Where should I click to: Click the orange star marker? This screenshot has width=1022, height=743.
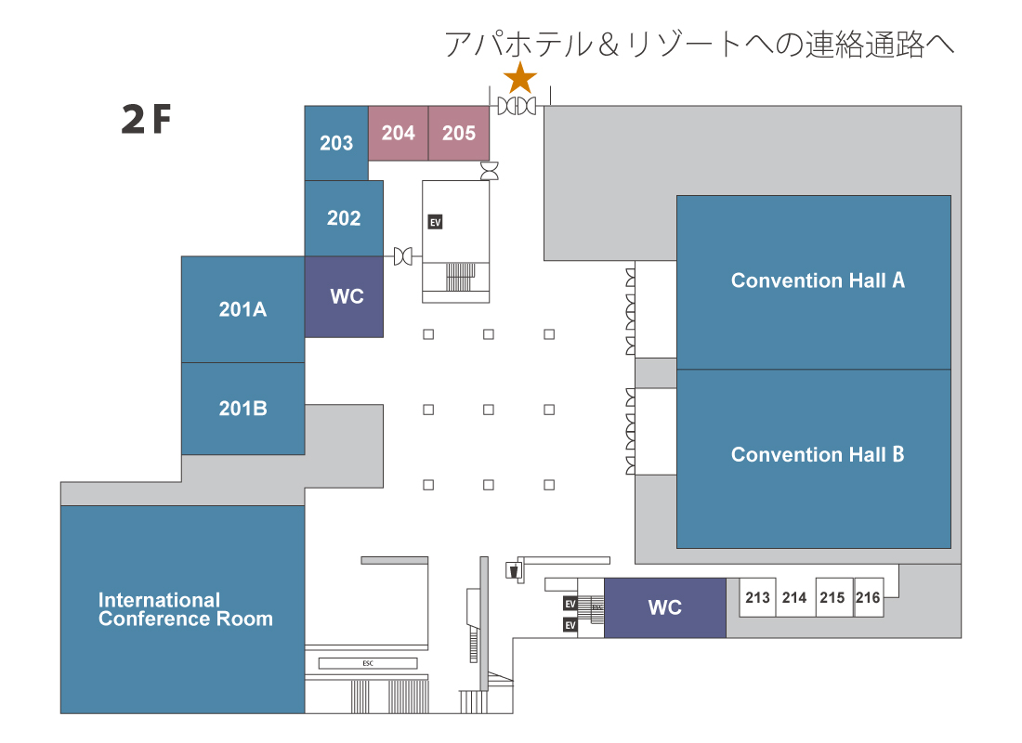(x=520, y=78)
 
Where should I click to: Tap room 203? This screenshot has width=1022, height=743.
(x=336, y=143)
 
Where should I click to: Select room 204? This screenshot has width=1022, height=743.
(x=399, y=133)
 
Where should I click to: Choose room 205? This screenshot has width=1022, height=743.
(x=459, y=133)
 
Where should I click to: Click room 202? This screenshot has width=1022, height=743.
(x=344, y=218)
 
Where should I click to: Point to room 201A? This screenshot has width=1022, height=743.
(x=243, y=309)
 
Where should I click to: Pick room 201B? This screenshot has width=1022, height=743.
(x=243, y=409)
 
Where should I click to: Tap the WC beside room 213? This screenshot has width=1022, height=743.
(x=665, y=607)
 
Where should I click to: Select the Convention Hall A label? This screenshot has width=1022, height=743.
(x=818, y=280)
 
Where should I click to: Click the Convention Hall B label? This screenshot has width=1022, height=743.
(x=818, y=454)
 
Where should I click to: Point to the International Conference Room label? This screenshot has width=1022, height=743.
(x=186, y=609)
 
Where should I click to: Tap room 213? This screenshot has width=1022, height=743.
(x=757, y=597)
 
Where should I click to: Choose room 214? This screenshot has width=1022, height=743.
(x=794, y=597)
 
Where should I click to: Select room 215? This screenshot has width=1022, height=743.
(x=832, y=597)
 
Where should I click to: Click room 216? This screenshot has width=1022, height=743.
(x=868, y=597)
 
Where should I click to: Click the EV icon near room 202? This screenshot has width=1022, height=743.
(x=436, y=222)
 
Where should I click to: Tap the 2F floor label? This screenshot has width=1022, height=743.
(x=147, y=119)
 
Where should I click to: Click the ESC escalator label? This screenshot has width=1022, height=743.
(x=368, y=663)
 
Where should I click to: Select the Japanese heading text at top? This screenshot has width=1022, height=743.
(x=699, y=45)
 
